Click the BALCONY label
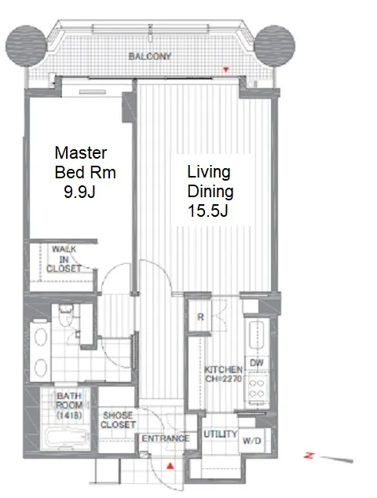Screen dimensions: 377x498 point(150,57)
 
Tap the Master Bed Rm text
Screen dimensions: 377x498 point(85,163)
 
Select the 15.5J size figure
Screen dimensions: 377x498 point(207,211)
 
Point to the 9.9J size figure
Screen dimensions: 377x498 point(79,192)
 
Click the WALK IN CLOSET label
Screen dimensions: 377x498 point(64,259)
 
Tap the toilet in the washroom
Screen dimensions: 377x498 point(66,315)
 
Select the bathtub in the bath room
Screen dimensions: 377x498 point(67,438)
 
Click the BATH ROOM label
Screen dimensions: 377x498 point(69,405)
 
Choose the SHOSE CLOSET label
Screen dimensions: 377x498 point(118,419)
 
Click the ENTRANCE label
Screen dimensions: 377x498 point(166,438)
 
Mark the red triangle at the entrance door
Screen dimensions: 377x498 point(170,466)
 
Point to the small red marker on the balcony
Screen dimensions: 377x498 point(226,70)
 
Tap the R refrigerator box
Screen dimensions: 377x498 point(200,317)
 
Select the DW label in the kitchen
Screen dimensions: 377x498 point(257,363)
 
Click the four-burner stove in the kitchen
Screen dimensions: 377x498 point(257,389)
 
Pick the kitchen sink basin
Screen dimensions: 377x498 point(257,335)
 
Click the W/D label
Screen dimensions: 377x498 point(252,441)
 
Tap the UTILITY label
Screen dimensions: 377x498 point(221,434)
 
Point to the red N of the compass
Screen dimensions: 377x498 point(309,456)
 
